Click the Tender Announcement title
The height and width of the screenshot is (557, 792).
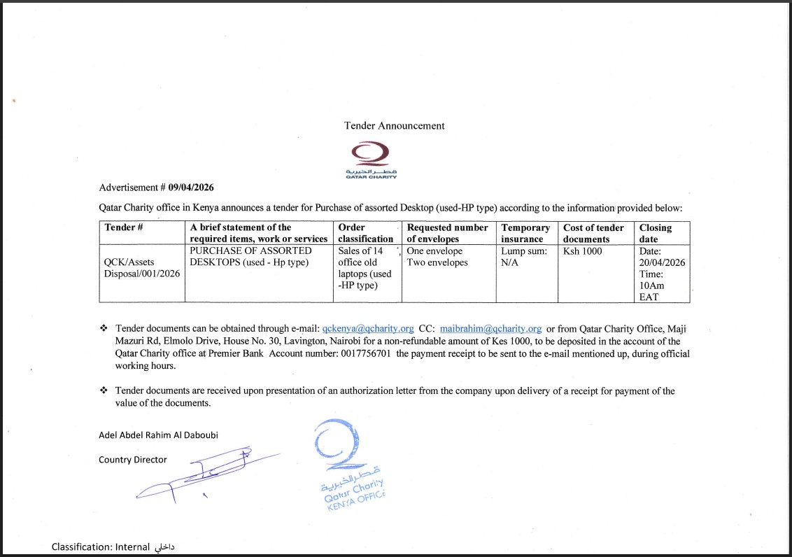pyautogui.click(x=394, y=126)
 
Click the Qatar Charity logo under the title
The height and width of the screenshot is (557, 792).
pyautogui.click(x=370, y=160)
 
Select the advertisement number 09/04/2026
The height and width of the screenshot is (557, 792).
pyautogui.click(x=191, y=188)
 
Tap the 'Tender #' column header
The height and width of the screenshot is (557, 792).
pyautogui.click(x=124, y=227)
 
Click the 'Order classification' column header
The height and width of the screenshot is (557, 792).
pyautogui.click(x=365, y=233)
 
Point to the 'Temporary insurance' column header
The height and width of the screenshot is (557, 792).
pyautogui.click(x=525, y=233)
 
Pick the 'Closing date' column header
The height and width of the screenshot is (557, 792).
pyautogui.click(x=655, y=233)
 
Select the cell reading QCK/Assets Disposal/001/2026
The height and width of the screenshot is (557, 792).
pyautogui.click(x=141, y=268)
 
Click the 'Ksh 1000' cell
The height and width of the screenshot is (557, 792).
pyautogui.click(x=582, y=251)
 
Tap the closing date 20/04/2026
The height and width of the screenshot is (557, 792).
pyautogui.click(x=662, y=262)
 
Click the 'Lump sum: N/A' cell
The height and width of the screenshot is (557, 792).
pyautogui.click(x=524, y=257)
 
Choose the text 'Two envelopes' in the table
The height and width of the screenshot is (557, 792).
pyautogui.click(x=437, y=263)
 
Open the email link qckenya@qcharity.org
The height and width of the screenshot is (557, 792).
pyautogui.click(x=368, y=328)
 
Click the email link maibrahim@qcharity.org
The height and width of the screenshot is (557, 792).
pyautogui.click(x=490, y=328)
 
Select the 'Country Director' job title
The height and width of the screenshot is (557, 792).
pyautogui.click(x=133, y=460)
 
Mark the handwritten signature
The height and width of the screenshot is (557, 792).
pyautogui.click(x=203, y=474)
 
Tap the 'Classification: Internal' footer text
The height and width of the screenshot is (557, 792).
pyautogui.click(x=113, y=547)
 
